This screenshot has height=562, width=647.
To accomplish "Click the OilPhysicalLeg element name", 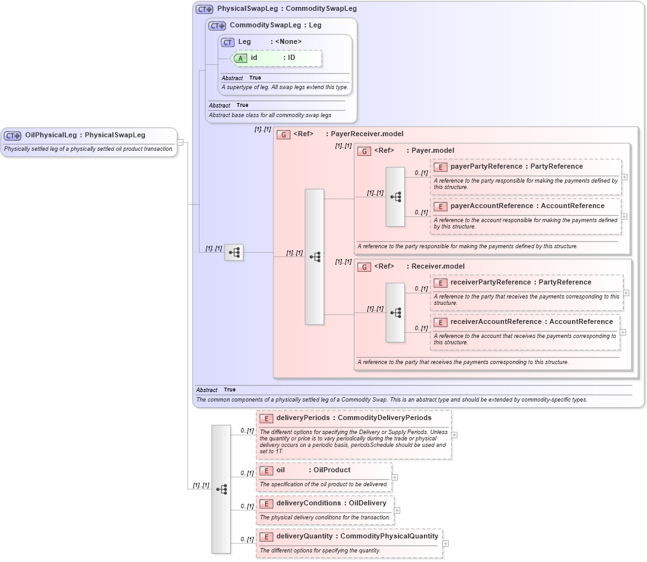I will (x=50, y=135).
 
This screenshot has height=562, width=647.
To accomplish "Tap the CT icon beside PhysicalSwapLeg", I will (x=204, y=9).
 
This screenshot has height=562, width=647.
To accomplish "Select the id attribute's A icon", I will (x=241, y=58).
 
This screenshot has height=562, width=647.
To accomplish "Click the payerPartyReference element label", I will (x=486, y=167).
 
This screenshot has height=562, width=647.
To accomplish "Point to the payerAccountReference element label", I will (x=491, y=206).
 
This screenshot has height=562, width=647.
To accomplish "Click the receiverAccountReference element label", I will (x=496, y=322).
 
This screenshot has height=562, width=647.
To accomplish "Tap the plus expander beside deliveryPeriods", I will (x=454, y=435).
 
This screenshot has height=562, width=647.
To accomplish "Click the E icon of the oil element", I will (x=266, y=470).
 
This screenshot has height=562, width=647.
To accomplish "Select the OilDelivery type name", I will (x=367, y=503).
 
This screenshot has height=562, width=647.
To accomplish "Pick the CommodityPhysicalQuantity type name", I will (x=389, y=537).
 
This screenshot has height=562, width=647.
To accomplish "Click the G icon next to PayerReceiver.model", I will (x=283, y=134).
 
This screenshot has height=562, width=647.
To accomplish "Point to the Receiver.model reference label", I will (x=438, y=267).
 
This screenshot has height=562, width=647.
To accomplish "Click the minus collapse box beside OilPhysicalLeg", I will (x=180, y=142).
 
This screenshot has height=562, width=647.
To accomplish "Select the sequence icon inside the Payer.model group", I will (x=395, y=197).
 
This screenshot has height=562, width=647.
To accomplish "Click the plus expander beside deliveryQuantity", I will (x=446, y=544).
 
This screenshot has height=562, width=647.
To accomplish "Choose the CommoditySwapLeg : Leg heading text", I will (x=275, y=25).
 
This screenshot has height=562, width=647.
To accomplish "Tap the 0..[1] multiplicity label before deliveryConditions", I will (x=247, y=507).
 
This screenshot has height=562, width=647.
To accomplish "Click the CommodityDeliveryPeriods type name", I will (x=385, y=418).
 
